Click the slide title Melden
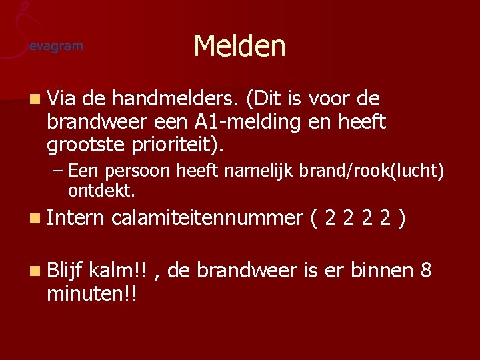point(239,47)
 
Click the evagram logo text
point(57,46)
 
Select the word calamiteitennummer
point(207,218)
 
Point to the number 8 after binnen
point(426,270)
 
